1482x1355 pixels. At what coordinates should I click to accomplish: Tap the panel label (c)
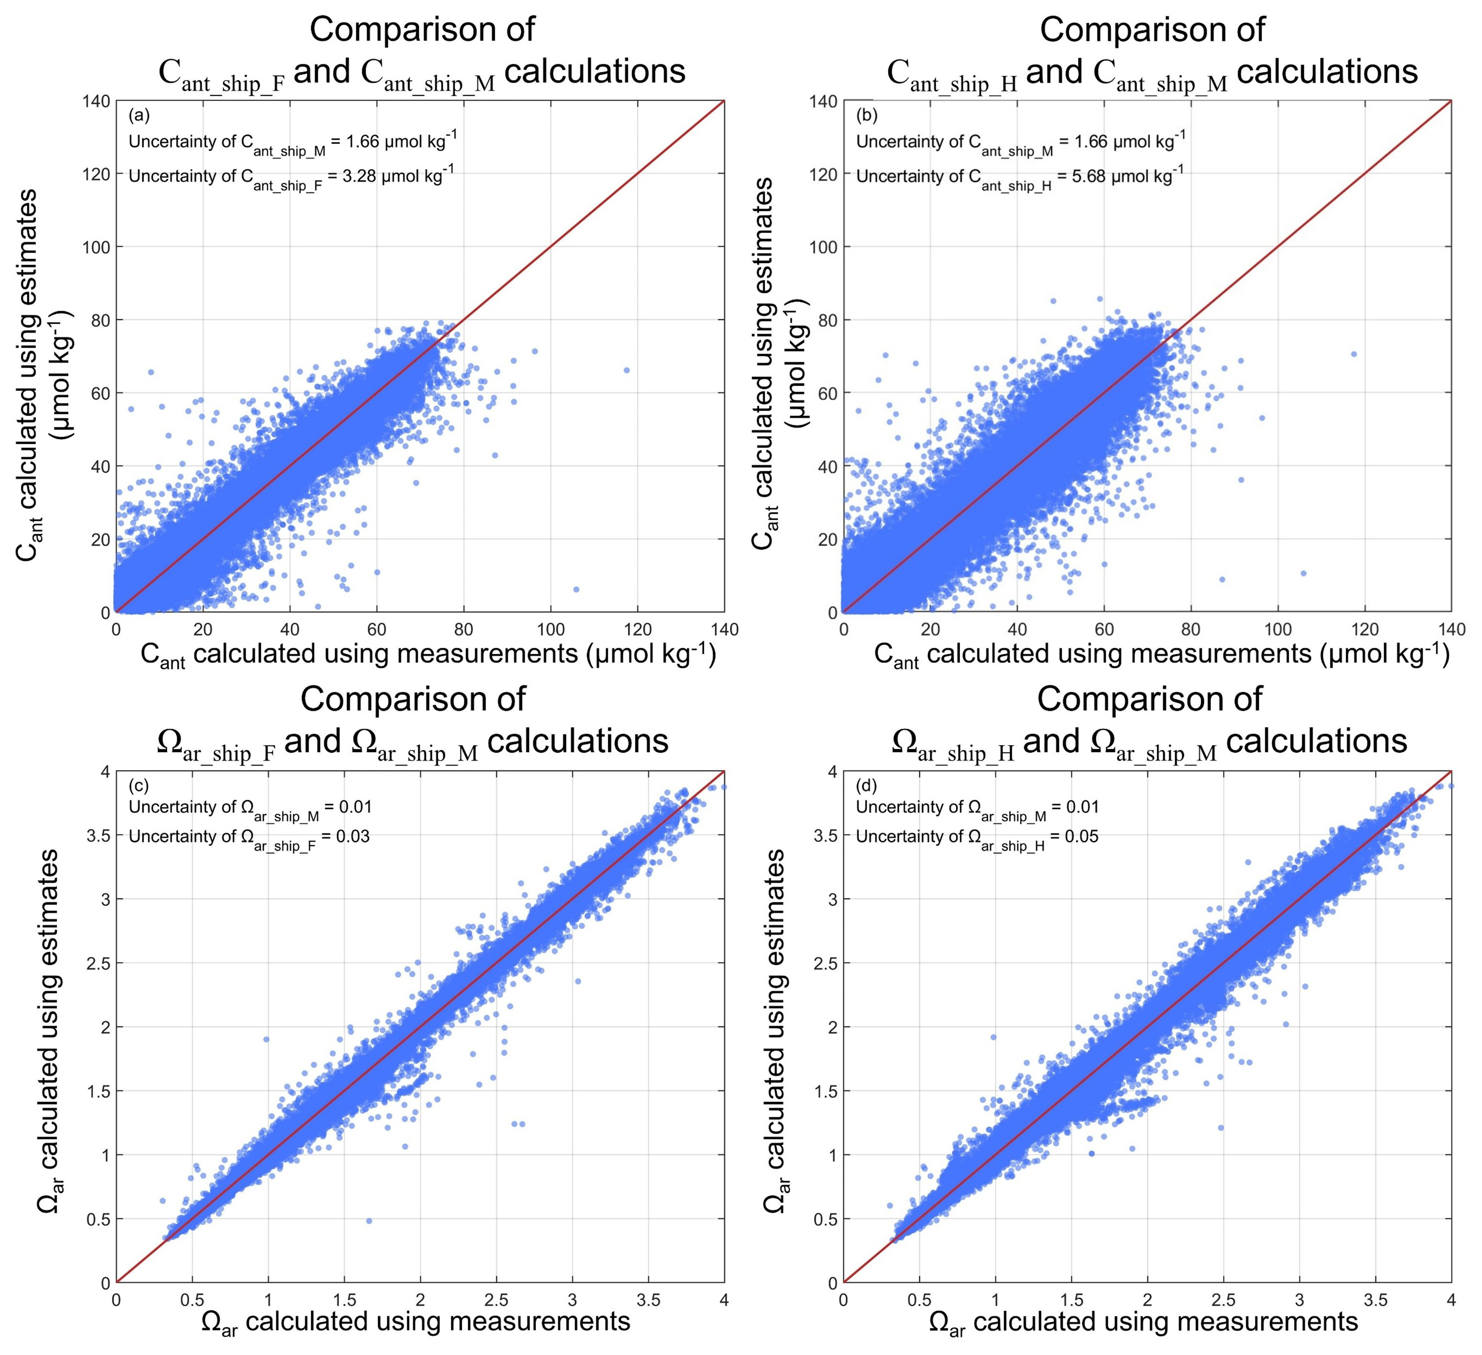pos(139,786)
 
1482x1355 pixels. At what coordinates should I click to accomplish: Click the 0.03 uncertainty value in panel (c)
pos(355,836)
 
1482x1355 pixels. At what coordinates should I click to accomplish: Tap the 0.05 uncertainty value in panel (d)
pos(1083,836)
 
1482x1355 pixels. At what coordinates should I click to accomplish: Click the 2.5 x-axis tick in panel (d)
pos(1223,1300)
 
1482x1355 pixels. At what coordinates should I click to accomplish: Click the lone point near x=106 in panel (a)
pos(576,589)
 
